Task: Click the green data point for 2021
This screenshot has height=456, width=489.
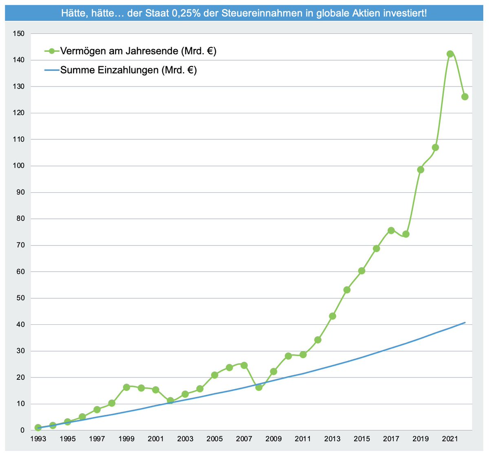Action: (450, 54)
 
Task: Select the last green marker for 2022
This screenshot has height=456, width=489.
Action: (465, 97)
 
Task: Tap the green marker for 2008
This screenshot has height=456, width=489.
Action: (259, 387)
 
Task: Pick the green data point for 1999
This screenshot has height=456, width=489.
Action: (126, 387)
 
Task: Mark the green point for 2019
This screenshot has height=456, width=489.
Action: (421, 170)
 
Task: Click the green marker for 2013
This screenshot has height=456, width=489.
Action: (333, 316)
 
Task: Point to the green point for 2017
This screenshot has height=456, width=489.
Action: (391, 230)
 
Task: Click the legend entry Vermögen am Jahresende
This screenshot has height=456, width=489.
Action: (138, 51)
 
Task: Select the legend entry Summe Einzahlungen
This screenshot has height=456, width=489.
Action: (128, 70)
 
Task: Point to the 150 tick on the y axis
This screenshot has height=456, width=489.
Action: (19, 34)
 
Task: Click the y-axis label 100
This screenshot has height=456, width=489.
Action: (19, 166)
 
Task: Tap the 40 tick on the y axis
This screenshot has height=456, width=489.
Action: (20, 325)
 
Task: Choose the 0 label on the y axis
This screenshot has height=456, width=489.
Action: (22, 430)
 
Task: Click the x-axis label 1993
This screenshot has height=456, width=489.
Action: (38, 439)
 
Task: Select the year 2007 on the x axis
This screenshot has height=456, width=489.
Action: (244, 439)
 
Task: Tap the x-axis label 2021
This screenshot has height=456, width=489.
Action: (450, 439)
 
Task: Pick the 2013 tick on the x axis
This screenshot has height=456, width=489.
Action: (333, 439)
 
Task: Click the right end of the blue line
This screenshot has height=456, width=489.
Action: (465, 322)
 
